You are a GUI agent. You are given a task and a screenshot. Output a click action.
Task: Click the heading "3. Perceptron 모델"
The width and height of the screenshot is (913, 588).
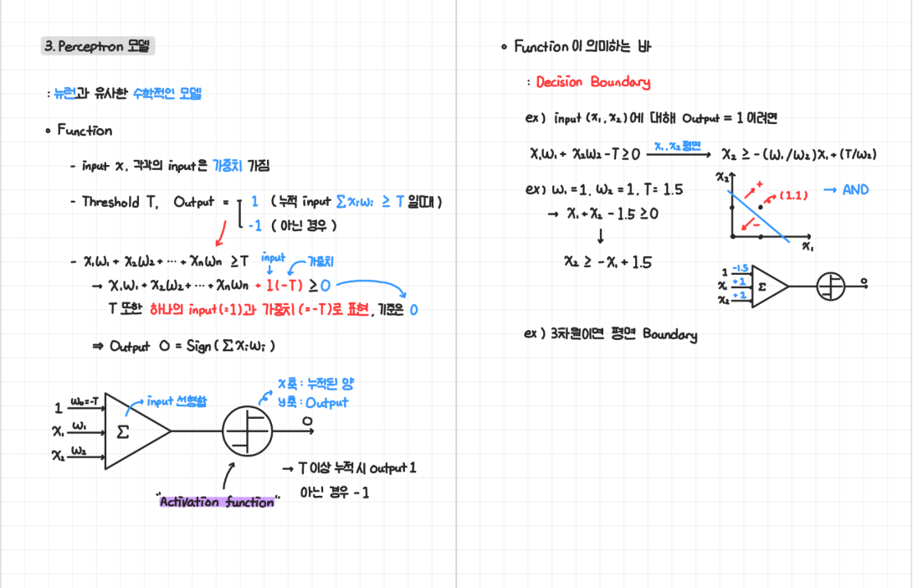pos(98,47)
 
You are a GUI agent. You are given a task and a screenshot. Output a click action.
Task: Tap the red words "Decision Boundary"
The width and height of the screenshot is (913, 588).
pos(592,82)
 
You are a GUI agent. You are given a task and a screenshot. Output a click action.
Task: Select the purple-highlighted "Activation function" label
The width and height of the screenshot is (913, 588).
pos(217,502)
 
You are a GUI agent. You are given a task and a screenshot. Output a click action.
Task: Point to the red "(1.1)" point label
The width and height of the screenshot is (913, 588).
pos(792,195)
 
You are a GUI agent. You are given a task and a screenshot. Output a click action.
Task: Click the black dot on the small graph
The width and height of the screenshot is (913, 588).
pos(760,207)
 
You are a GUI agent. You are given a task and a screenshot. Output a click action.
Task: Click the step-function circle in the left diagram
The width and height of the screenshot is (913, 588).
pos(247,431)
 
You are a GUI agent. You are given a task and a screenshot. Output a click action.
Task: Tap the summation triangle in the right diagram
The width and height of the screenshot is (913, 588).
pos(767,286)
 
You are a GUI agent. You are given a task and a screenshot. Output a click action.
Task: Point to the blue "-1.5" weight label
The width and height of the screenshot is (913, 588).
pos(739,268)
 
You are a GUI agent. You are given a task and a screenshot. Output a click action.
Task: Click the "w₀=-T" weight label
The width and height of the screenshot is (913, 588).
pos(85,402)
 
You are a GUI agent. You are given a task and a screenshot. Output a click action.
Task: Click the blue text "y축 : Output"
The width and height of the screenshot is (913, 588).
pos(313,402)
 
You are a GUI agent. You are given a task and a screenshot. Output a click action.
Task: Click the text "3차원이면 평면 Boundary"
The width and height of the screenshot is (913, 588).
pos(623,335)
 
